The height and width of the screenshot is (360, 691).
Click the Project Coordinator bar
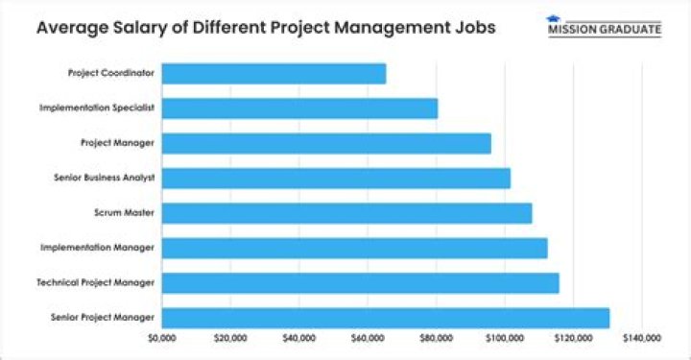[274, 74]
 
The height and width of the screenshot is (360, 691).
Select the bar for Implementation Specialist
[299, 108]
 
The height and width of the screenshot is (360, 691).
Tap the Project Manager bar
[326, 143]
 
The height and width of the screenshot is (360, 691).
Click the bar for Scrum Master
[346, 213]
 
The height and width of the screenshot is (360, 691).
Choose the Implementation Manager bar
[354, 248]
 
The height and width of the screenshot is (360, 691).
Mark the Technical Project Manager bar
[360, 282]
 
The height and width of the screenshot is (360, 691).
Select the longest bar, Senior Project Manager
[385, 317]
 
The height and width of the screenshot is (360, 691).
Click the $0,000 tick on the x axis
[162, 338]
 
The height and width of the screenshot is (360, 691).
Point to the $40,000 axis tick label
[299, 338]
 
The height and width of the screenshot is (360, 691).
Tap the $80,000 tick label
[437, 338]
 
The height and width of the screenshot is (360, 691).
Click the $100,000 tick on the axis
[505, 338]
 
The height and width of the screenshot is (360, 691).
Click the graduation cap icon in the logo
[553, 18]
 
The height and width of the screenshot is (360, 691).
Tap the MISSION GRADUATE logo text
[604, 30]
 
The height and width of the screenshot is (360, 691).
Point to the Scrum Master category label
[127, 213]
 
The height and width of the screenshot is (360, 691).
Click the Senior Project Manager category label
[108, 318]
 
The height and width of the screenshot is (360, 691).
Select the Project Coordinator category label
[112, 74]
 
